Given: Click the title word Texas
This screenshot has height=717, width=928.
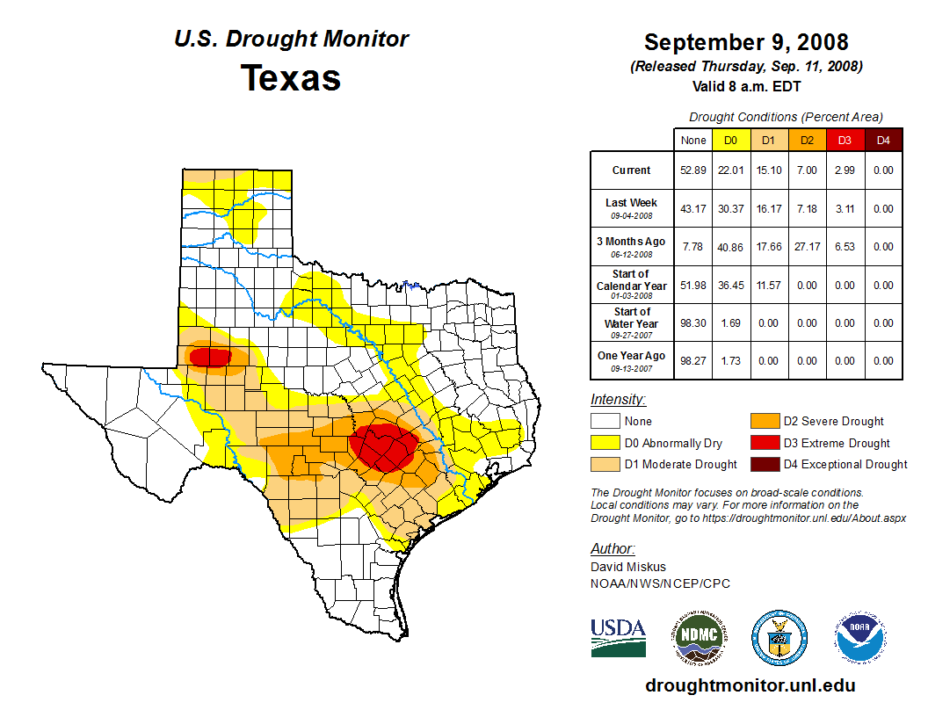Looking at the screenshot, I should pyautogui.click(x=291, y=78).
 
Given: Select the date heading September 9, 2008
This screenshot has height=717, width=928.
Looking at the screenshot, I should pyautogui.click(x=746, y=42).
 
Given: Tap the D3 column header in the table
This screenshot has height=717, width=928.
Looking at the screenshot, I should pyautogui.click(x=844, y=140).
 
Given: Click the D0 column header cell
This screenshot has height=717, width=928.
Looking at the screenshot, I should pyautogui.click(x=730, y=140).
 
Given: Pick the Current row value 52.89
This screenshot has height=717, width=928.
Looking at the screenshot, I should pyautogui.click(x=693, y=170).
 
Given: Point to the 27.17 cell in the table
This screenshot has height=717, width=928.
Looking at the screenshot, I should pyautogui.click(x=806, y=247).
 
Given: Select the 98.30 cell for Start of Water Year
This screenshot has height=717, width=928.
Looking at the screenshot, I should pyautogui.click(x=693, y=322).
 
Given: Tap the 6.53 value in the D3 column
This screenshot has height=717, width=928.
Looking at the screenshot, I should pyautogui.click(x=844, y=247).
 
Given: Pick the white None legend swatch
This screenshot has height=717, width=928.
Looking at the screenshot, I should pyautogui.click(x=605, y=422).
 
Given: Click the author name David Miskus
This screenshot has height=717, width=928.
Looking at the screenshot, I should pyautogui.click(x=627, y=567).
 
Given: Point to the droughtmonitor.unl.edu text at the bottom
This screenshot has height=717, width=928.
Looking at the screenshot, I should pyautogui.click(x=750, y=685).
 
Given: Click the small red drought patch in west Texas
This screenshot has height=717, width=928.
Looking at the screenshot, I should pyautogui.click(x=211, y=357).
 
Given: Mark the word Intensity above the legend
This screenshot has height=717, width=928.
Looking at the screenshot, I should pyautogui.click(x=618, y=400).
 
